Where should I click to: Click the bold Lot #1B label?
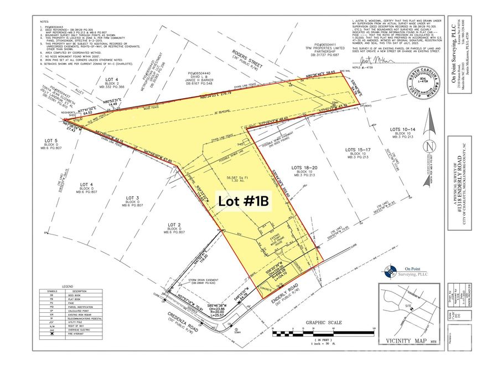[244, 202]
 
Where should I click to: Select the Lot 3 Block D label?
[131, 198]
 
